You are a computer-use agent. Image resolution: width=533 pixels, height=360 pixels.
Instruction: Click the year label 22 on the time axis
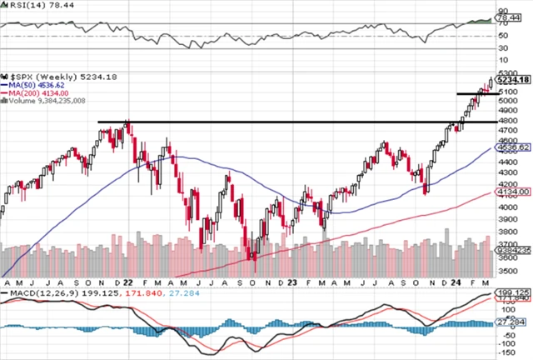(x=128, y=282)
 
